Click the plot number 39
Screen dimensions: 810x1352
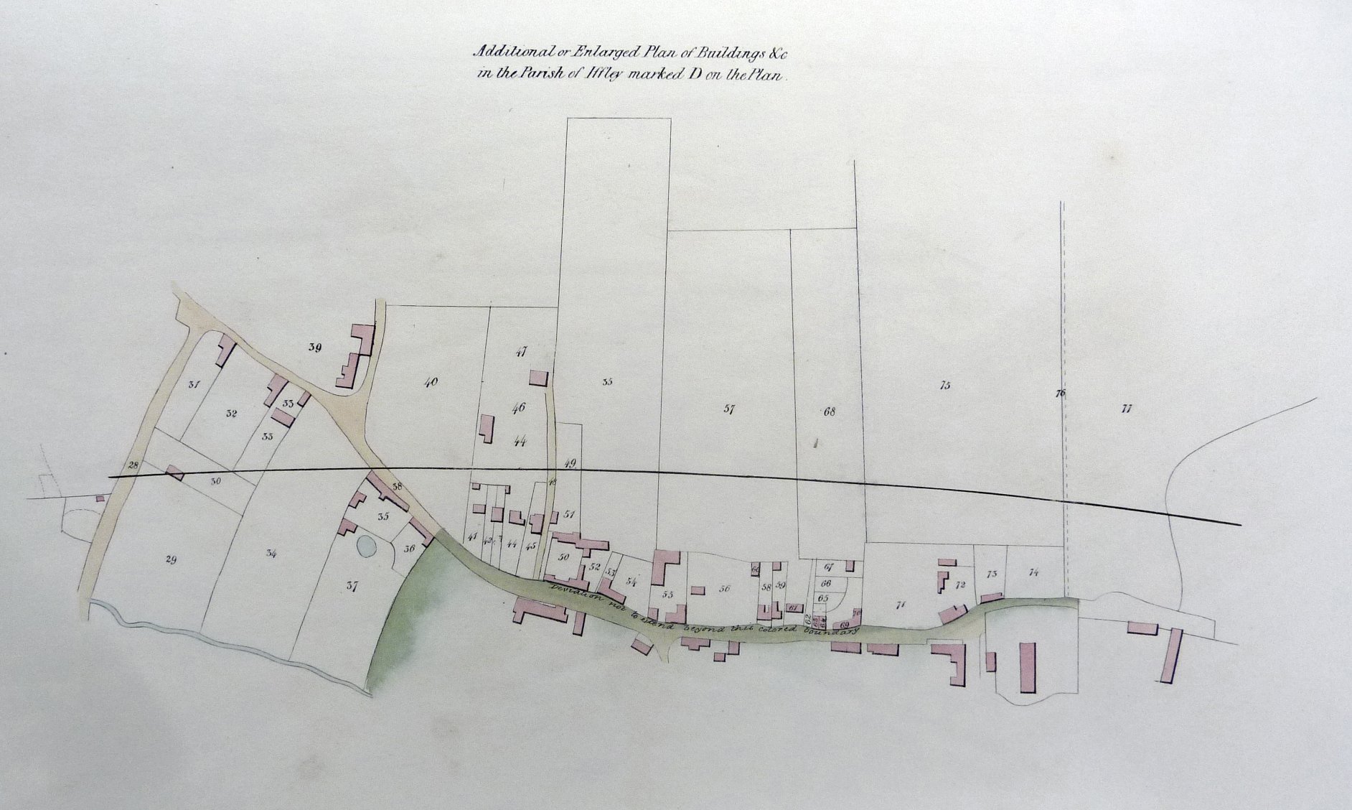(x=314, y=348)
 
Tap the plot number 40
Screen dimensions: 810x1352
(x=431, y=383)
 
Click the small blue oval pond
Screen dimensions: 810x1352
(x=365, y=548)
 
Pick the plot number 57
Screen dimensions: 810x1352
(x=730, y=409)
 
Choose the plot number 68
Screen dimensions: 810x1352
(x=830, y=411)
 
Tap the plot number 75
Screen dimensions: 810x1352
(x=944, y=386)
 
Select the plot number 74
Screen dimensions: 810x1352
(x=1033, y=572)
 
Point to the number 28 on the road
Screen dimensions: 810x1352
(x=133, y=465)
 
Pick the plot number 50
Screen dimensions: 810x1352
(x=563, y=557)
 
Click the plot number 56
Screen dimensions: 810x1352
(x=724, y=589)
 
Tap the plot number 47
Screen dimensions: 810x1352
(x=522, y=352)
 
